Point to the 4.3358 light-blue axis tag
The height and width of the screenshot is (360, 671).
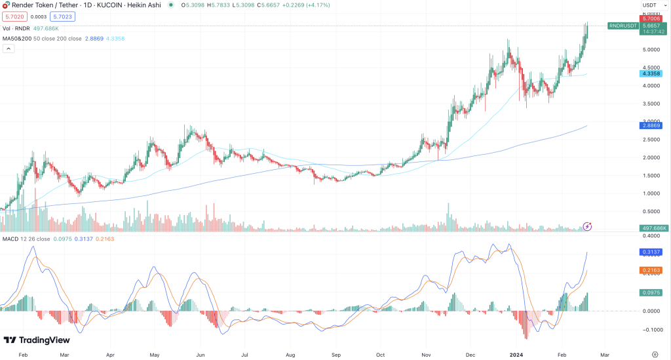653,74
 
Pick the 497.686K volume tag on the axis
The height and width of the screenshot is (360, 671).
653,228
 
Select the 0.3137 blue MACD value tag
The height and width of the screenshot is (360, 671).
653,252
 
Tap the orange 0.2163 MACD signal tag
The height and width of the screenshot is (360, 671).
653,270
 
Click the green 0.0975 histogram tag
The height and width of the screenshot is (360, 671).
653,292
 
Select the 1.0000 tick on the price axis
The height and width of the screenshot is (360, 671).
651,193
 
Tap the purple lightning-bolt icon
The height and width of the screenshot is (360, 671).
588,226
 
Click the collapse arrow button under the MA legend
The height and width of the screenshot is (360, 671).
9,49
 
